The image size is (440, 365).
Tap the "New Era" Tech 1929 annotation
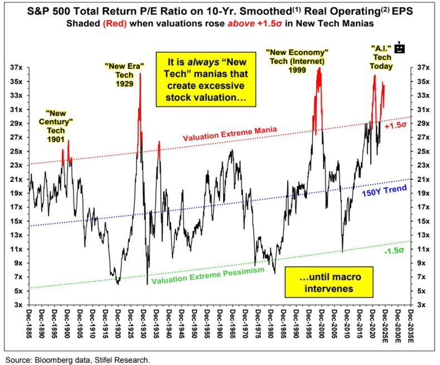click(124, 74)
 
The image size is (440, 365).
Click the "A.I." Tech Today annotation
click(382, 58)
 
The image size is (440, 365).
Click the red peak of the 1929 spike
click(140, 75)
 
